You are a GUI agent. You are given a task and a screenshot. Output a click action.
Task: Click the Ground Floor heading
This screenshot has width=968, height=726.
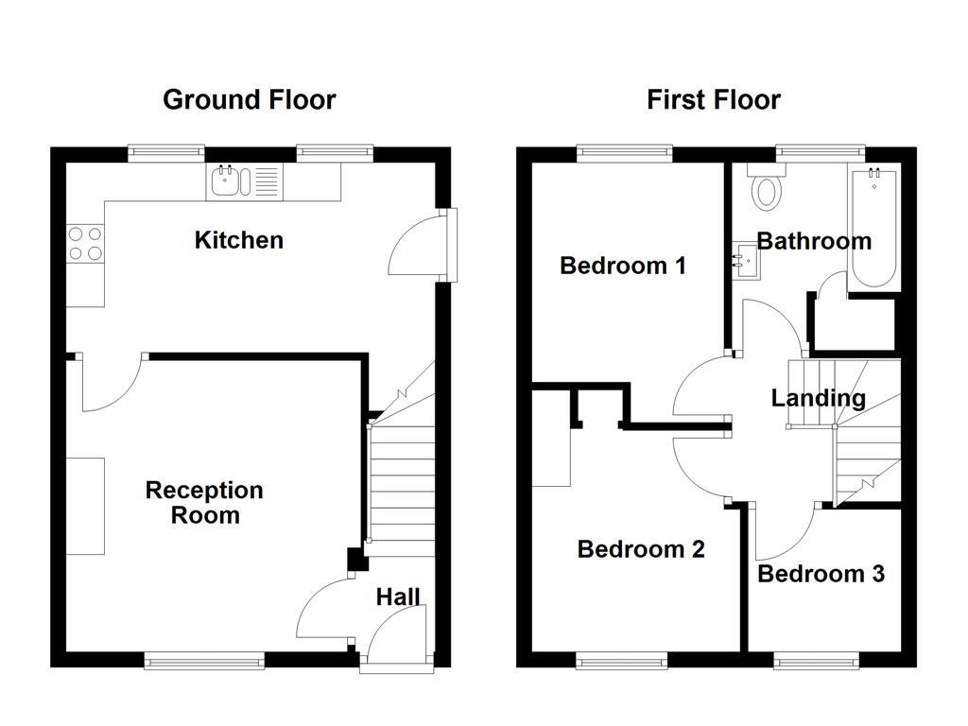click(x=249, y=99)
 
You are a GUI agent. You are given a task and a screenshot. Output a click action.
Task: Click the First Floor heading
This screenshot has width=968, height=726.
click(x=713, y=99)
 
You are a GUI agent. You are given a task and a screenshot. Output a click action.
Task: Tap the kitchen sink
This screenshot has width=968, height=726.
click(x=226, y=181)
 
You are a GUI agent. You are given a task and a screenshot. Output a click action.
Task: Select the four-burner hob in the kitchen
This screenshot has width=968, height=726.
click(x=84, y=244)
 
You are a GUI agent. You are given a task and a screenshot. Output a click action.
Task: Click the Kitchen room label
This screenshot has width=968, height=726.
click(x=238, y=240)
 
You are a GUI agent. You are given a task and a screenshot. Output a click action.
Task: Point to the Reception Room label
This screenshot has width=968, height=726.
click(x=204, y=503)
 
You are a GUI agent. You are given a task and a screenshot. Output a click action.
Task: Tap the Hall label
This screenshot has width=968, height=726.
click(x=398, y=596)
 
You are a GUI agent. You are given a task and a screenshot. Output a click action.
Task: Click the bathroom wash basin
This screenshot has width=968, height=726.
click(x=744, y=258)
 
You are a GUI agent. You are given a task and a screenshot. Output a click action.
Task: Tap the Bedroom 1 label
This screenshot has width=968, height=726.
click(x=622, y=266)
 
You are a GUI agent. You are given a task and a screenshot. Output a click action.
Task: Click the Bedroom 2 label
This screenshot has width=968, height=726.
click(x=640, y=549)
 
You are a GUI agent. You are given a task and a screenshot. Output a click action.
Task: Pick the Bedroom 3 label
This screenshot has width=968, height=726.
click(x=821, y=574)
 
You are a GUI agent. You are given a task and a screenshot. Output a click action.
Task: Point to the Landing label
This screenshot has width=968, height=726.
click(x=818, y=398)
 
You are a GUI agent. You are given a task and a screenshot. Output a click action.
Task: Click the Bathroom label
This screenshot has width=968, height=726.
click(x=814, y=241)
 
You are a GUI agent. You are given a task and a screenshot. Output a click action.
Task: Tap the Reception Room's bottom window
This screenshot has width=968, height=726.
click(x=203, y=661)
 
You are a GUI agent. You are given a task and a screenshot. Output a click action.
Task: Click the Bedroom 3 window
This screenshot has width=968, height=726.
click(x=817, y=661)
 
